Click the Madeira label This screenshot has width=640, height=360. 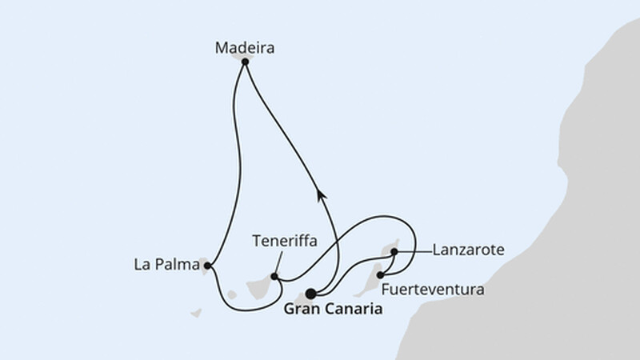pyautogui.click(x=245, y=48)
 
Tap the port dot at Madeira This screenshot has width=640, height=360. pyautogui.click(x=245, y=62)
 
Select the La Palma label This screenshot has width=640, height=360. pyautogui.click(x=166, y=265)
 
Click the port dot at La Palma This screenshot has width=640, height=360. pyautogui.click(x=207, y=266)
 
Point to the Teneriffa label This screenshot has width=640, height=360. pyautogui.click(x=285, y=241)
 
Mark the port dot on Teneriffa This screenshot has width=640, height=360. pyautogui.click(x=274, y=277)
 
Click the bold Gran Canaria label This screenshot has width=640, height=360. pyautogui.click(x=333, y=309)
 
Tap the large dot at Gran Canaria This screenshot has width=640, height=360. pyautogui.click(x=311, y=294)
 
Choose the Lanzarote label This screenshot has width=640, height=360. pyautogui.click(x=468, y=250)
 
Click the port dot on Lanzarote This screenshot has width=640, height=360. pyautogui.click(x=394, y=252)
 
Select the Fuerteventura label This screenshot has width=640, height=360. pyautogui.click(x=433, y=290)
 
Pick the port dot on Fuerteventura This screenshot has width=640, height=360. pyautogui.click(x=381, y=275)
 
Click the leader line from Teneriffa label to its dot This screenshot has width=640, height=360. pyautogui.click(x=278, y=264)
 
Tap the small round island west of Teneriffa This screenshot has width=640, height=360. pyautogui.click(x=232, y=294)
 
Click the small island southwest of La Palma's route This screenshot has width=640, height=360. pyautogui.click(x=196, y=313)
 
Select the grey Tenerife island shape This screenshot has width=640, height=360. pyautogui.click(x=261, y=288)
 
